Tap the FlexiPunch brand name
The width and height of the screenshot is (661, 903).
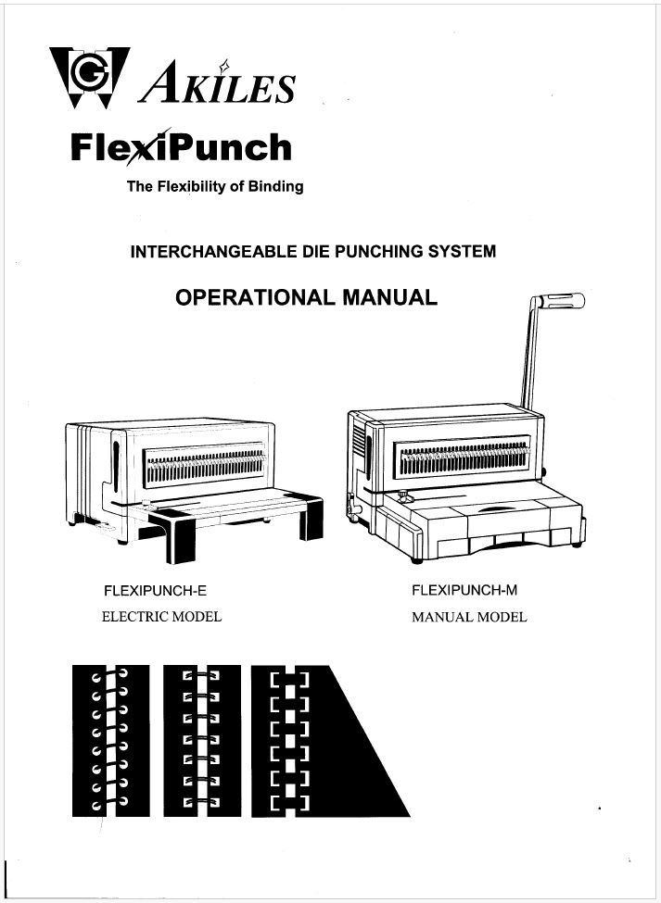coord(181,147)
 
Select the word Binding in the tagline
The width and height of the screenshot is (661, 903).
coord(273,186)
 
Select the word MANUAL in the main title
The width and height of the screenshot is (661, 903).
coord(389,298)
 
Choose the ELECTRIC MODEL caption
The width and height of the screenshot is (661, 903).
coord(161,617)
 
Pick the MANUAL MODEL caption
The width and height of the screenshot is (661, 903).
coord(469,617)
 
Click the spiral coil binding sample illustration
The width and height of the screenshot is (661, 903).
coord(110,741)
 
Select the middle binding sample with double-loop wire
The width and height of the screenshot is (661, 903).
coord(201,741)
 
